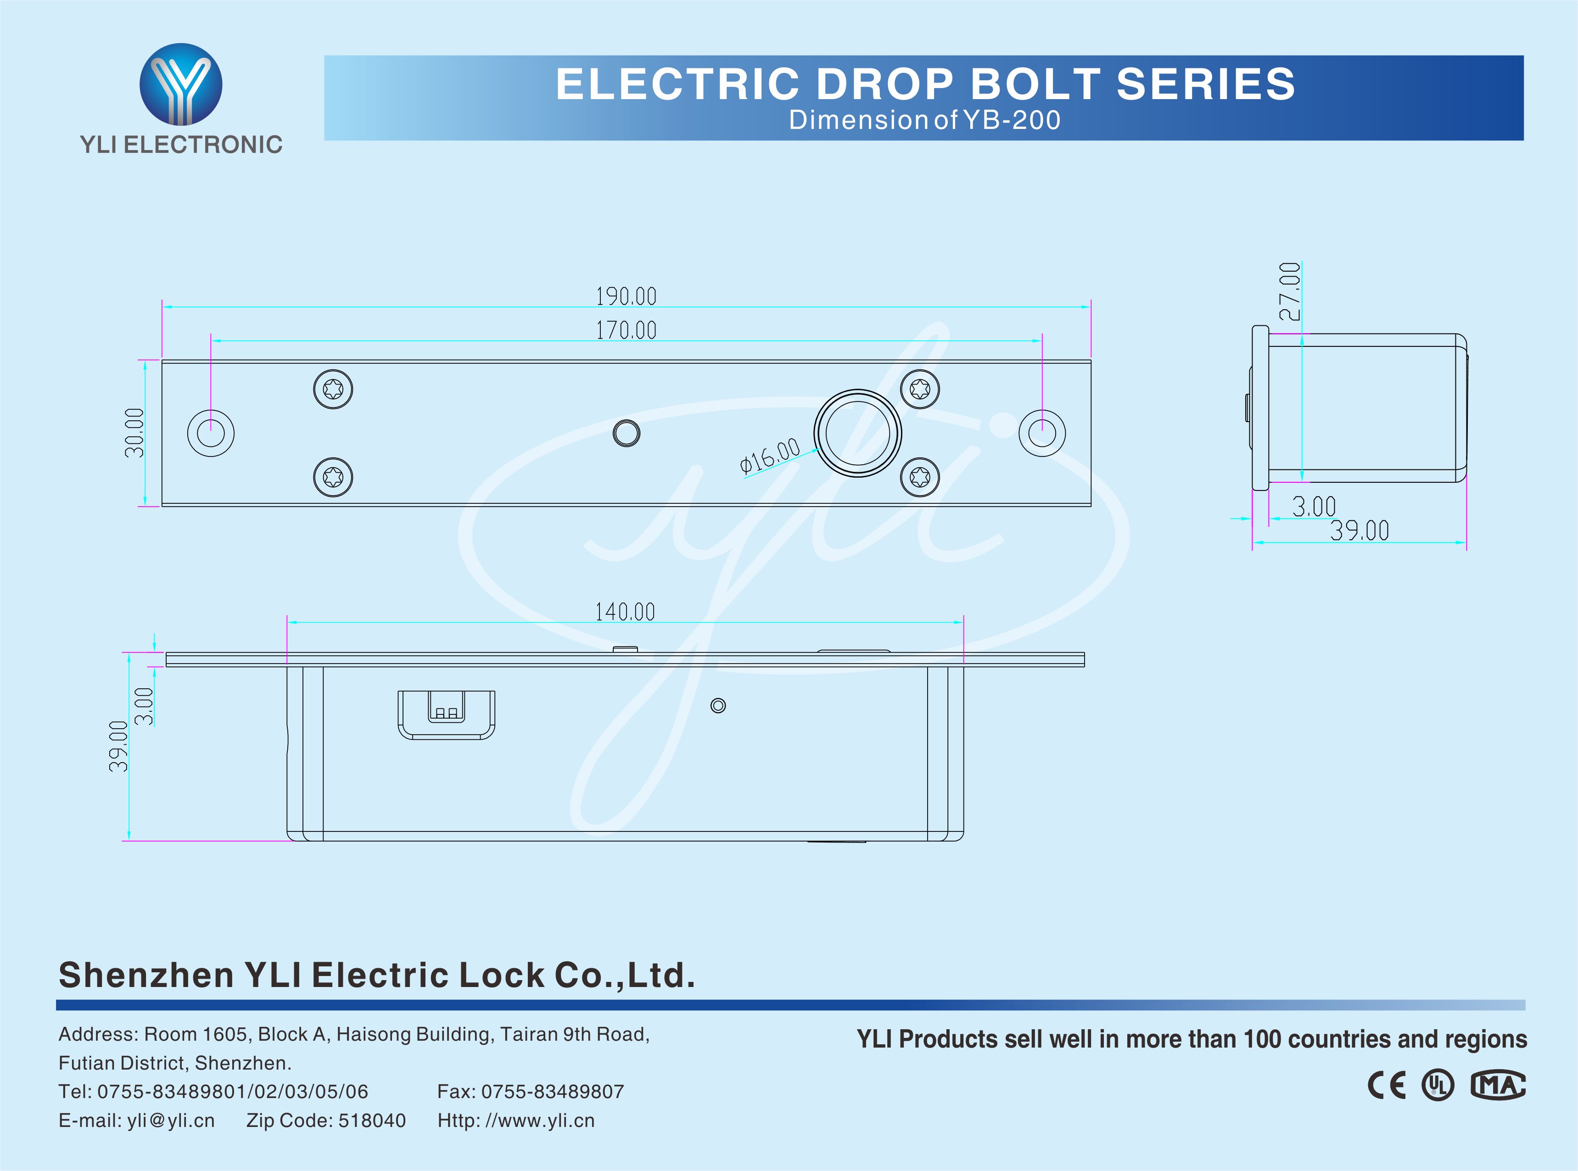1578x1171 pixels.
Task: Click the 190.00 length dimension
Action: click(626, 296)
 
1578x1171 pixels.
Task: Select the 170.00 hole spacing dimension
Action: click(626, 330)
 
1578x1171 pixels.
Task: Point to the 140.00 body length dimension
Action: click(625, 612)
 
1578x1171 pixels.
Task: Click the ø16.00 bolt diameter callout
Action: click(769, 455)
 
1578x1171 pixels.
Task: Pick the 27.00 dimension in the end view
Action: click(1290, 291)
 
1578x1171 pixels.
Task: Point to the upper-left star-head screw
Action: click(333, 389)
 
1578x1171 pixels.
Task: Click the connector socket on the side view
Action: click(447, 714)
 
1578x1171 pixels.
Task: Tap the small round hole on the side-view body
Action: click(718, 706)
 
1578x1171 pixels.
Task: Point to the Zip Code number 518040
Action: click(372, 1121)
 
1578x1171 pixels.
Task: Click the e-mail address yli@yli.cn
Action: click(171, 1121)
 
